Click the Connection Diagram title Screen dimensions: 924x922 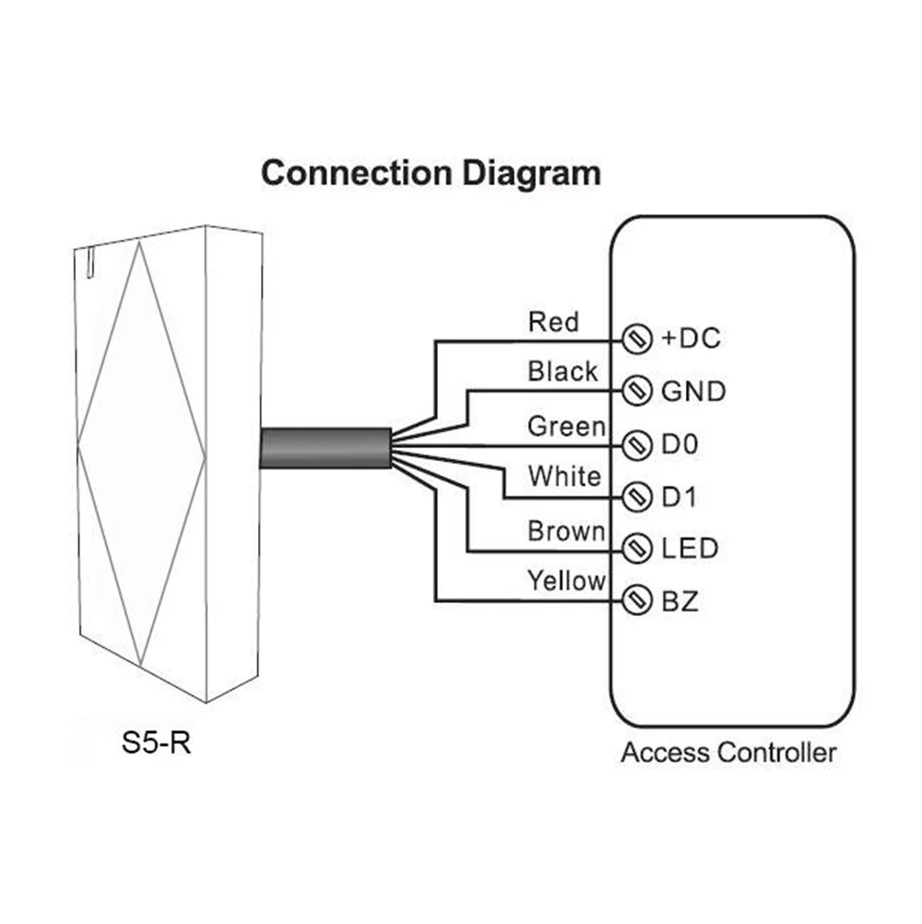coord(431,173)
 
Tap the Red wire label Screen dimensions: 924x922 coord(553,322)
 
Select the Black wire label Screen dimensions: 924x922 coord(562,372)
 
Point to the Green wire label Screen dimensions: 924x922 coord(566,426)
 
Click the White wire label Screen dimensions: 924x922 coord(563,477)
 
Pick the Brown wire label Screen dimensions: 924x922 coord(566,531)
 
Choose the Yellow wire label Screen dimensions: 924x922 coord(566,580)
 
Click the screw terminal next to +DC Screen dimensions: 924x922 coord(633,338)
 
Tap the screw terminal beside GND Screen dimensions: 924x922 coord(633,391)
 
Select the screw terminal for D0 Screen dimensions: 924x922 coord(633,445)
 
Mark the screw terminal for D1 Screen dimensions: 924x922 coord(633,498)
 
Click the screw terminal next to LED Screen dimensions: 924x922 coord(633,550)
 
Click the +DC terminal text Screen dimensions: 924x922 coord(691,338)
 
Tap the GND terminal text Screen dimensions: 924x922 coord(693,392)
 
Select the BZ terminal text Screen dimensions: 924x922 coord(680,603)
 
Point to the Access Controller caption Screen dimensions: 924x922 coord(728,752)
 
